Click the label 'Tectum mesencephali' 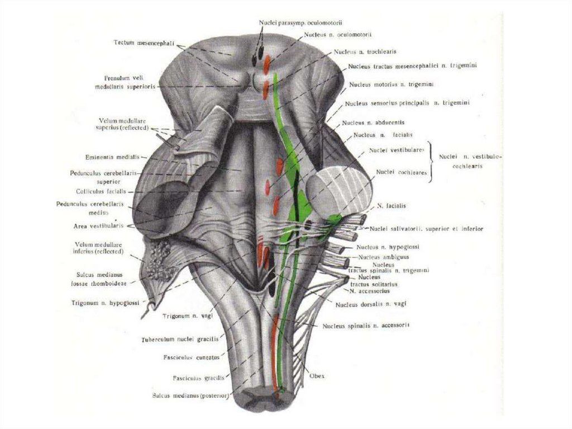[x=142, y=43]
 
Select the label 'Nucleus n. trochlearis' [x=365, y=51]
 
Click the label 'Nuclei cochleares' [x=401, y=172]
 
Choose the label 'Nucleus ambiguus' [x=384, y=257]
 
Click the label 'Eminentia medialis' [x=111, y=157]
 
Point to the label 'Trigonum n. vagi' [x=184, y=316]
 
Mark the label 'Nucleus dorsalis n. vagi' [x=371, y=304]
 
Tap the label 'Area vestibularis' [x=98, y=227]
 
